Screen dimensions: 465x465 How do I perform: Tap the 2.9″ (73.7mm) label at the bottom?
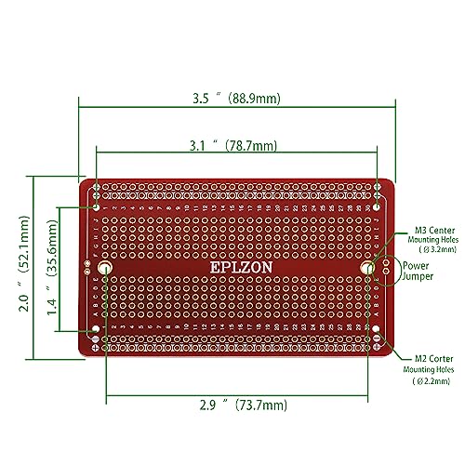click(245, 405)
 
